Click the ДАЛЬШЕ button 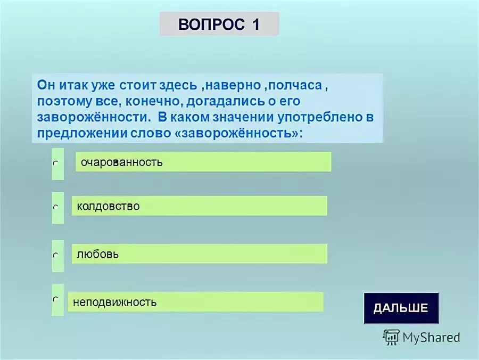pos(401,308)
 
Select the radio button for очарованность pos(55,163)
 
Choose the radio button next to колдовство pos(55,207)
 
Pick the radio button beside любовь pos(55,256)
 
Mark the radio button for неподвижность pos(55,300)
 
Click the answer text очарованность pos(122,162)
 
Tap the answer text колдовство pos(108,206)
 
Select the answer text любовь pos(97,255)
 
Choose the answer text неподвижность pos(115,302)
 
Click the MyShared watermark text pos(431,337)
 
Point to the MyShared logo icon pos(391,337)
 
